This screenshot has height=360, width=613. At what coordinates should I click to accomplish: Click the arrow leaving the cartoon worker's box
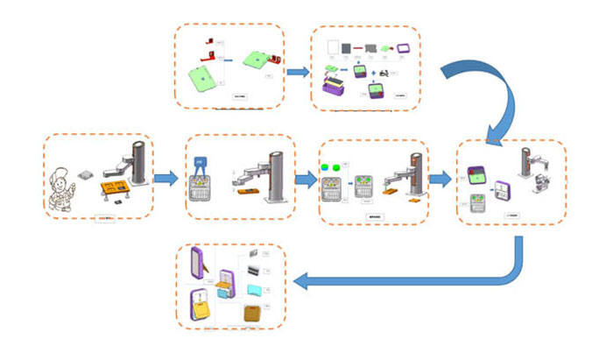click(166, 180)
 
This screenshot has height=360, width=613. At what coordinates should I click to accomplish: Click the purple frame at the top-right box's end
click(404, 48)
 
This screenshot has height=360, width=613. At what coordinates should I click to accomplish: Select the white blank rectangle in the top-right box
click(334, 47)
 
